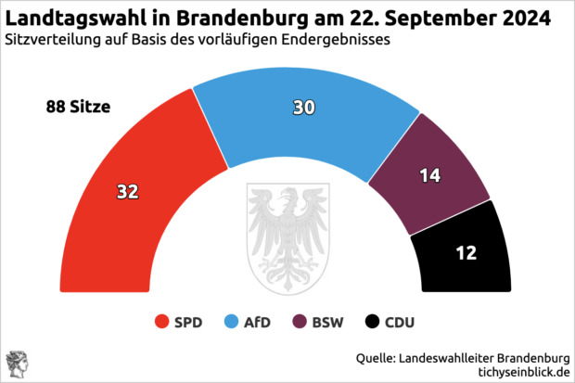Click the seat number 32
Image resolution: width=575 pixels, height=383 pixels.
click(x=128, y=192)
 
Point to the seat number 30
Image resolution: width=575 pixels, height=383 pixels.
click(x=304, y=108)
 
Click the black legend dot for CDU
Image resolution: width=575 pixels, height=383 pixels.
click(x=372, y=323)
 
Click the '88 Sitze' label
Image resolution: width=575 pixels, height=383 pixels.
click(x=78, y=108)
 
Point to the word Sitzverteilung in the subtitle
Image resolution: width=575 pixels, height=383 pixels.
click(x=50, y=40)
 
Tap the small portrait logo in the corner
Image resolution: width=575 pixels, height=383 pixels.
click(x=16, y=364)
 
